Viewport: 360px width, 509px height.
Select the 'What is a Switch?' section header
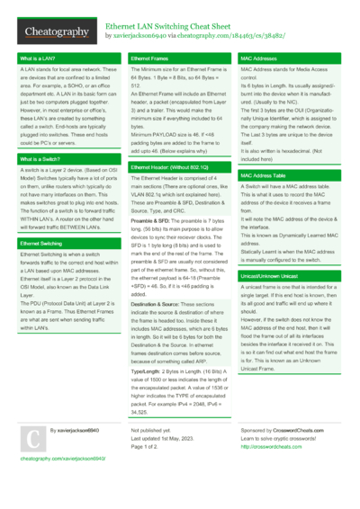coord(40,159)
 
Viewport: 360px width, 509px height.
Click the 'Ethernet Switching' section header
coord(41,244)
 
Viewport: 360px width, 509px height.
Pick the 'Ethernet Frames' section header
coord(149,59)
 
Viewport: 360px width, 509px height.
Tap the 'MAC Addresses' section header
coord(260,59)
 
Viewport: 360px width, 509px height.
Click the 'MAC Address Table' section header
coord(264,175)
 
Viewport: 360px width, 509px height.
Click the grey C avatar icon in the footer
coord(31,438)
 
